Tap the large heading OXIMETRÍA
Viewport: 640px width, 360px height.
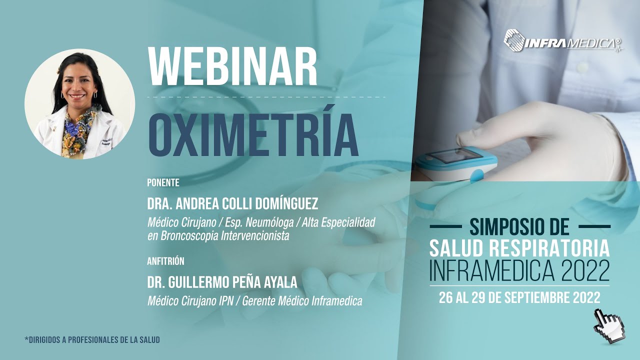253,135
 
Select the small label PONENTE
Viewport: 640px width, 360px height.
163,183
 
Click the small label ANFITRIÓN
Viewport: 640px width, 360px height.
166,261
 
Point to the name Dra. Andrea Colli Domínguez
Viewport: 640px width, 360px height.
232,204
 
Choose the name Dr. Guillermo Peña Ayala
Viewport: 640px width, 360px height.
222,283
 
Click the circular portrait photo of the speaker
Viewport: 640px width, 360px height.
80,103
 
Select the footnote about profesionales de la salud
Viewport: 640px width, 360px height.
92,340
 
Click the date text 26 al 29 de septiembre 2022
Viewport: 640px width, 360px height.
519,298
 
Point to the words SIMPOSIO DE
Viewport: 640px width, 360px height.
519,227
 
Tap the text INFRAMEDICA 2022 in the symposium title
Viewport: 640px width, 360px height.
519,270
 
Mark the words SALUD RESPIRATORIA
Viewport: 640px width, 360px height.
519,248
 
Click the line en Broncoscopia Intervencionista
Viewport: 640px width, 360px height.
218,236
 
